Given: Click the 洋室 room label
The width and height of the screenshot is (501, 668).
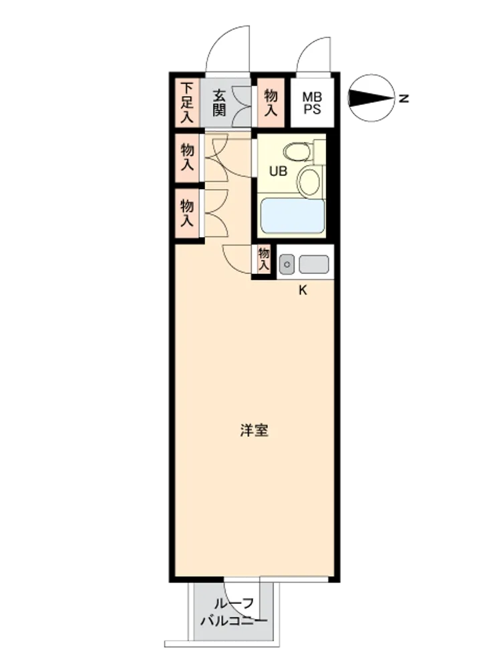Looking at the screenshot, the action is (x=254, y=430).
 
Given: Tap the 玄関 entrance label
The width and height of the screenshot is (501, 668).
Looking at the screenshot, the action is (x=219, y=103).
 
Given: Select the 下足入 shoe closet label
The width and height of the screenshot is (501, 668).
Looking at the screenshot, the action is (x=186, y=103).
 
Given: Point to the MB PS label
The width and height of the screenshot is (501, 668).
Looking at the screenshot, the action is (x=312, y=103).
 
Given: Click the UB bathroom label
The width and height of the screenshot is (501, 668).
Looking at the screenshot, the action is (x=278, y=171).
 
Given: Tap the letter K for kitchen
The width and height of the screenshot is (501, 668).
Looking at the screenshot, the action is (x=303, y=291).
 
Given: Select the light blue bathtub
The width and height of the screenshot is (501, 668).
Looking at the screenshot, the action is (x=293, y=216).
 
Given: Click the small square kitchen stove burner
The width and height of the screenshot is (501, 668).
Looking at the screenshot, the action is (x=287, y=265).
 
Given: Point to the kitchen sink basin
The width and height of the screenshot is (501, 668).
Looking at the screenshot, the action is (x=314, y=265).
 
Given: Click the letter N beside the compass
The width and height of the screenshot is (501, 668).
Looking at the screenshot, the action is (x=404, y=99).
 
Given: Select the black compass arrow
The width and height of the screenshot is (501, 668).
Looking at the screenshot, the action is (x=371, y=98).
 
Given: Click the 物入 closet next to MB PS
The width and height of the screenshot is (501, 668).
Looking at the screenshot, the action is (x=271, y=103).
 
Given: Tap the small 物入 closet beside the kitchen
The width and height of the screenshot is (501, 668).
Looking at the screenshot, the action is (x=264, y=259).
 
